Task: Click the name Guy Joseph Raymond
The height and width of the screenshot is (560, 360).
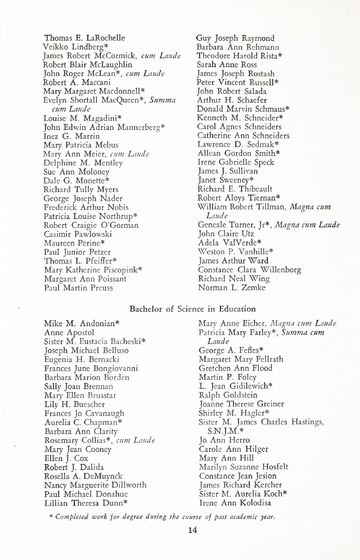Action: coord(237,36)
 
